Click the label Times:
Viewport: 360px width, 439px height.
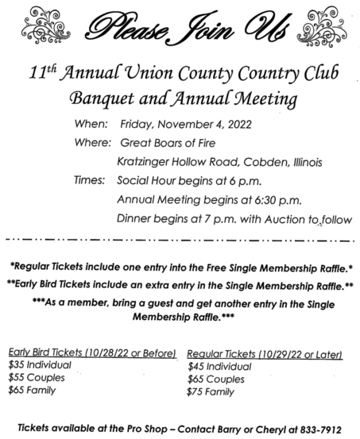click(x=91, y=181)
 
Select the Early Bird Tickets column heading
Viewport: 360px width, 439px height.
click(x=92, y=352)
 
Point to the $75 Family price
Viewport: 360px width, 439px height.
click(x=211, y=391)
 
